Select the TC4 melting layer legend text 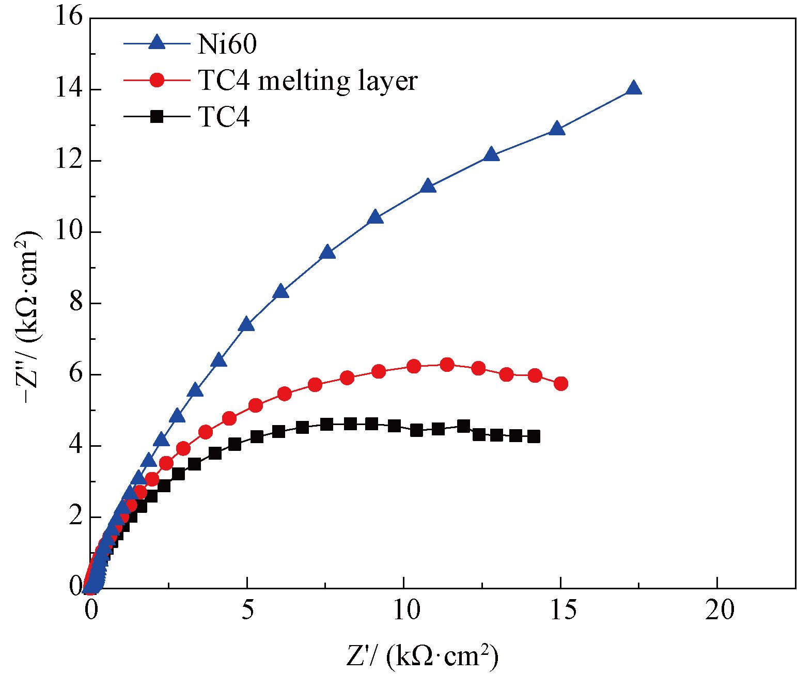[307, 81]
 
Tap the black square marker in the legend [157, 117]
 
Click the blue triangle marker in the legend [157, 43]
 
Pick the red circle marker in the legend [157, 80]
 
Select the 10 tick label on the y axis [69, 232]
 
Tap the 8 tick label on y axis [75, 303]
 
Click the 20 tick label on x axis [718, 610]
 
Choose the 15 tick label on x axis [561, 610]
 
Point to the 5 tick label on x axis [248, 610]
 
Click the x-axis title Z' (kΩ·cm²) [423, 656]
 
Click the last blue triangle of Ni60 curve [633, 88]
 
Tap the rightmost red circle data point [561, 383]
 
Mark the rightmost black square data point [534, 436]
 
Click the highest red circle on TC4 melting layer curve [447, 364]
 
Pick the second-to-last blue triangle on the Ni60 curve [556, 129]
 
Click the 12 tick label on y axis [69, 161]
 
